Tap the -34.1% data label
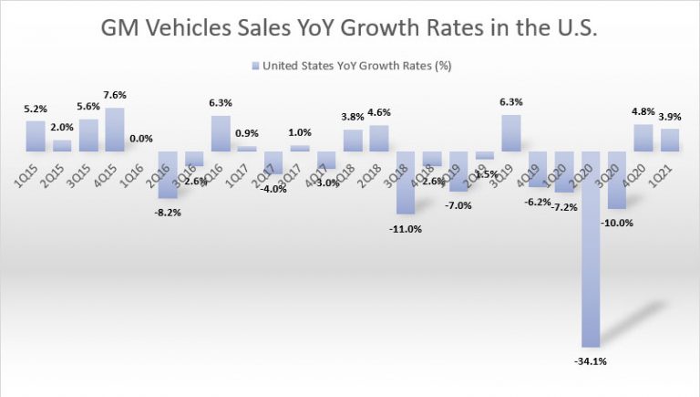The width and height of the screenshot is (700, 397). [591, 360]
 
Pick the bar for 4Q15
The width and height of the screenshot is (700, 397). [115, 130]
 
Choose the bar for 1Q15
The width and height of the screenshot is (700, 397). [36, 136]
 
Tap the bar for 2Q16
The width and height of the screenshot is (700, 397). [168, 174]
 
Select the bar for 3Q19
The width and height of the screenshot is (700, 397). [511, 133]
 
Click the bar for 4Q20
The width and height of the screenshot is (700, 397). [643, 138]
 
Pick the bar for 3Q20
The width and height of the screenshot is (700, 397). [616, 180]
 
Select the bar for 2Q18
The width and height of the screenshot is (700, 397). [378, 138]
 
